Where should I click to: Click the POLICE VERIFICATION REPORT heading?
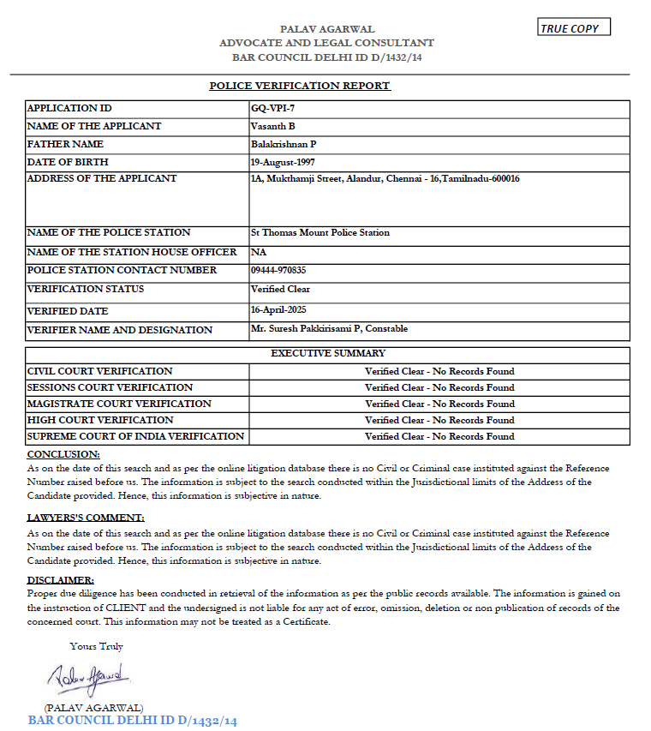pos(300,86)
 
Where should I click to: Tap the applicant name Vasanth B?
pos(272,127)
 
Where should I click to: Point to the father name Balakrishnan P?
pos(284,145)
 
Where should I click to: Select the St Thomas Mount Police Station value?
pos(320,233)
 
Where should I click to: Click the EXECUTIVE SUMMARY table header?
pos(328,353)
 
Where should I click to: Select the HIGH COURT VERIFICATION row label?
pos(100,420)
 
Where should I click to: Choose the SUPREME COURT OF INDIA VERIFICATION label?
pos(135,436)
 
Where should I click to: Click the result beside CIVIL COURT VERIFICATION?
pos(439,372)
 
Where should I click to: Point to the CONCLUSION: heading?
pos(63,454)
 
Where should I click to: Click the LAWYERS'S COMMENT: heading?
pos(86,518)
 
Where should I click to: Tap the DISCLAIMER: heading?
pos(61,580)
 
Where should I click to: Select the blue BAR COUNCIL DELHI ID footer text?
pos(133,721)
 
